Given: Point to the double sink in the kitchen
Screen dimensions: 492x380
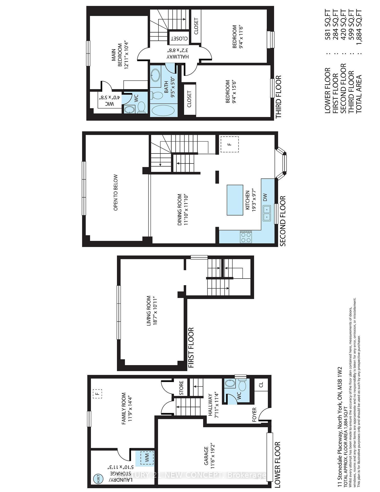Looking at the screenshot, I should [267, 213].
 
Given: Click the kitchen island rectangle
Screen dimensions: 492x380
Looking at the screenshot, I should [235, 200].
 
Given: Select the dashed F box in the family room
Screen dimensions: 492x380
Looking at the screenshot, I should [97, 393].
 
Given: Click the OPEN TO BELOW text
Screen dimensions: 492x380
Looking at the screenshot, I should [115, 192].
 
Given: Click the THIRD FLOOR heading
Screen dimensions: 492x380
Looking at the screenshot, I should [279, 97].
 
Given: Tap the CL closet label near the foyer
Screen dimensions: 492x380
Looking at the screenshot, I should [261, 385].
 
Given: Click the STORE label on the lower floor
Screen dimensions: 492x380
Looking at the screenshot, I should [181, 388].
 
